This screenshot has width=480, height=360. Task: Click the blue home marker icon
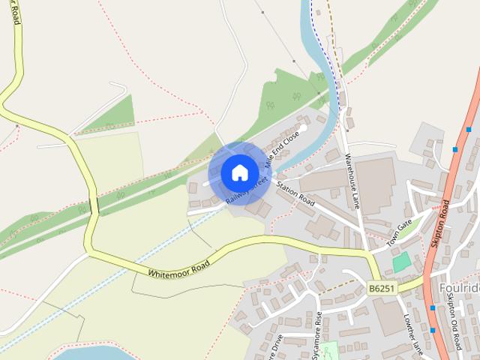click(x=239, y=172)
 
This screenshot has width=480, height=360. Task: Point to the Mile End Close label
click(x=286, y=147)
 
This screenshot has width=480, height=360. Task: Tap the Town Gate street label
click(x=400, y=232)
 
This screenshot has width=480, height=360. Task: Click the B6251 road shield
click(x=382, y=288)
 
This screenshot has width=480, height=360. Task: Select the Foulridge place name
click(x=459, y=288)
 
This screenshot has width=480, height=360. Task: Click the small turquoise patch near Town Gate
click(x=402, y=262)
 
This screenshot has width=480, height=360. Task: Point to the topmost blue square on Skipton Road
click(x=468, y=129)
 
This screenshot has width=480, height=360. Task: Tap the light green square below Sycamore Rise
click(x=330, y=349)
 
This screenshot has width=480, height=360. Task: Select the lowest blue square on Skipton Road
click(x=433, y=329)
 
